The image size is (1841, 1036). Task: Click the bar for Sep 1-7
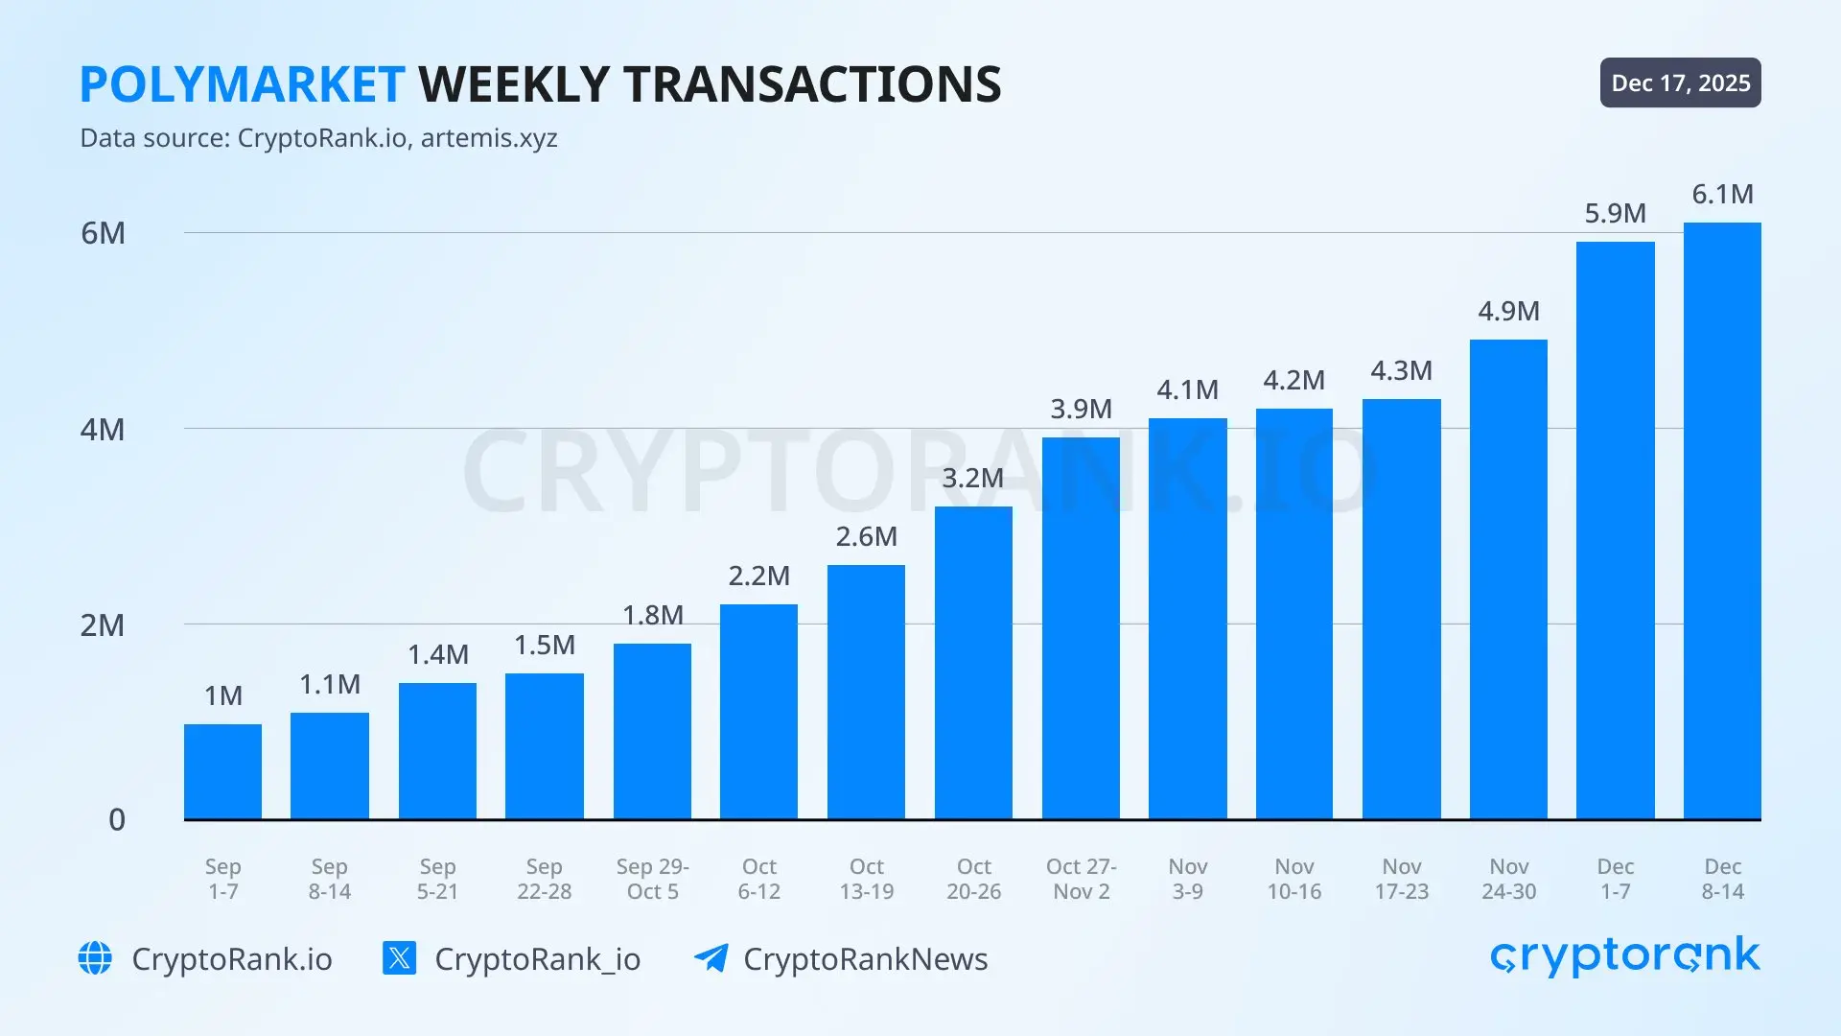pyautogui.click(x=222, y=771)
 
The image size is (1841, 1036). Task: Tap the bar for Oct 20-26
pyautogui.click(x=973, y=663)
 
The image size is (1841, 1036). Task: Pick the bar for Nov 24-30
pyautogui.click(x=1508, y=579)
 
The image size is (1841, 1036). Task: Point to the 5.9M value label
pyautogui.click(x=1615, y=213)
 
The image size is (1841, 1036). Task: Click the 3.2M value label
pyautogui.click(x=972, y=478)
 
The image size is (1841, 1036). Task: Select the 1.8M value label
pyautogui.click(x=653, y=615)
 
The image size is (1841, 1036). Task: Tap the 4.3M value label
pyautogui.click(x=1401, y=370)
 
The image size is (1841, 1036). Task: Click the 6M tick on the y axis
pyautogui.click(x=103, y=233)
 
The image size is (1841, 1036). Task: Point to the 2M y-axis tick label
pyautogui.click(x=103, y=625)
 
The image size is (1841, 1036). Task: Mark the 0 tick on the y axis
pyautogui.click(x=117, y=820)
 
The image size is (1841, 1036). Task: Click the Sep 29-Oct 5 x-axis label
pyautogui.click(x=653, y=879)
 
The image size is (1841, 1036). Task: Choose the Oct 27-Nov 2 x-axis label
pyautogui.click(x=1081, y=879)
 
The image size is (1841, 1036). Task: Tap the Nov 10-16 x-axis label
pyautogui.click(x=1293, y=879)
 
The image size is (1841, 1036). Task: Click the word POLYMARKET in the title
pyautogui.click(x=242, y=84)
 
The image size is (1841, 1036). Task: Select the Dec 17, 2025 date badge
pyautogui.click(x=1680, y=82)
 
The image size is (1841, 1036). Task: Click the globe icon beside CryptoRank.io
pyautogui.click(x=95, y=958)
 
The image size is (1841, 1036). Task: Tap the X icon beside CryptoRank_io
pyautogui.click(x=399, y=958)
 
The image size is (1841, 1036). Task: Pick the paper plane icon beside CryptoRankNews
pyautogui.click(x=711, y=958)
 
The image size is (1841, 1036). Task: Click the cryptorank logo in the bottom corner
pyautogui.click(x=1625, y=956)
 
